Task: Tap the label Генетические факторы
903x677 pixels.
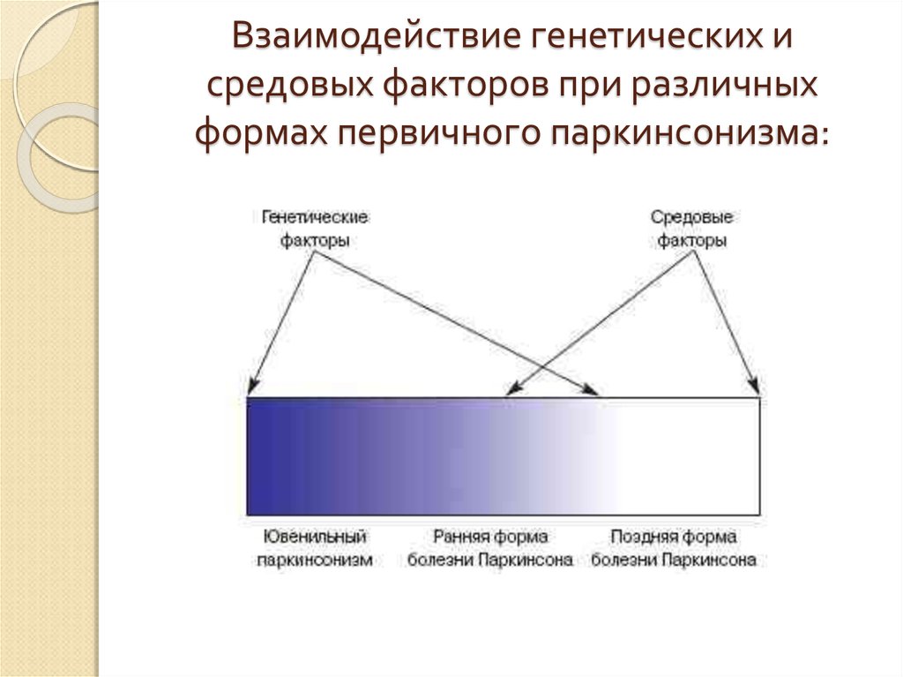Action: pyautogui.click(x=315, y=229)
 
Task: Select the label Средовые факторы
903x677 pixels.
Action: pyautogui.click(x=692, y=229)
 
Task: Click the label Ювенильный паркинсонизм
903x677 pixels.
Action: pyautogui.click(x=315, y=548)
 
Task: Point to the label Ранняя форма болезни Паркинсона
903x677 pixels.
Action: pyautogui.click(x=490, y=548)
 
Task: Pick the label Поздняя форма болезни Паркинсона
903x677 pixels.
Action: pyautogui.click(x=674, y=548)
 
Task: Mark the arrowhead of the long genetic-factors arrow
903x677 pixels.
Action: pyautogui.click(x=593, y=388)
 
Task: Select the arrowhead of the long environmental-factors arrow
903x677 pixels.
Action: pyautogui.click(x=511, y=388)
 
